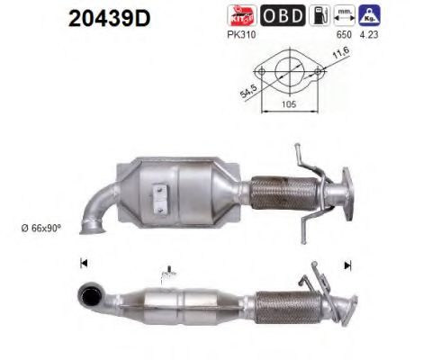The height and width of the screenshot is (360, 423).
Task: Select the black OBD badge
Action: click(283, 15)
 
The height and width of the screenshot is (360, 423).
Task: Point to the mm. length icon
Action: click(343, 15)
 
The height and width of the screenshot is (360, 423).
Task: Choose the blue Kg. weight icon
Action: click(369, 15)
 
